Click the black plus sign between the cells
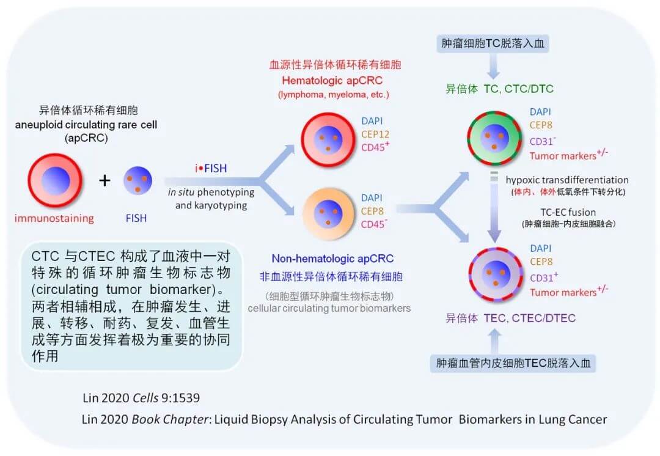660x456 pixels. [105, 180]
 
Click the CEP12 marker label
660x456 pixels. [375, 134]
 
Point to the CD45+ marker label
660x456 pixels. [376, 148]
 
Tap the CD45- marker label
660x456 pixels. [375, 224]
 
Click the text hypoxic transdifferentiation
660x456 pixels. [567, 180]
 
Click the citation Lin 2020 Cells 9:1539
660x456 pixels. [141, 398]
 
